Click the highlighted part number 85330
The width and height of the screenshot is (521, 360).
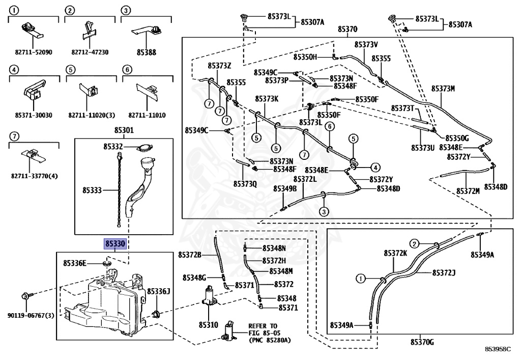[115, 244]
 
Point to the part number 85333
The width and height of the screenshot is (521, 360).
[92, 190]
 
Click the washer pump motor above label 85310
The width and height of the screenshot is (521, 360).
[209, 296]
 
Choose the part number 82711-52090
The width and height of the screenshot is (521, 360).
[34, 52]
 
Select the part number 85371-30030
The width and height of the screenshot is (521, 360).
[34, 116]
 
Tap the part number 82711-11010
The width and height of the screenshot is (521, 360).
[147, 116]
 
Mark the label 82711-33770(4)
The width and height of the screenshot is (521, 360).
[34, 176]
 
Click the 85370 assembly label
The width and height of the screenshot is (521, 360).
[348, 29]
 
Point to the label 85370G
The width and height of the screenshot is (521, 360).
[422, 342]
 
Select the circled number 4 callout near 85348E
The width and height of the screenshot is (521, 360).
[375, 168]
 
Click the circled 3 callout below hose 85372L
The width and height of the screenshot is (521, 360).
[324, 211]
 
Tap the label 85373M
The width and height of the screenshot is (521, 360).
[443, 89]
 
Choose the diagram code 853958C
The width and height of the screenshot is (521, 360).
[498, 349]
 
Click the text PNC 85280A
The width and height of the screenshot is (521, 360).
[270, 340]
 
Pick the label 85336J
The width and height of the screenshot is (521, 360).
[159, 292]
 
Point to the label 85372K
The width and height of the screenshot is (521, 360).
[395, 253]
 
